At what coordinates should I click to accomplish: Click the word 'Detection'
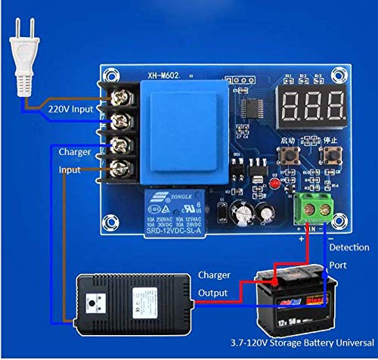(350, 247)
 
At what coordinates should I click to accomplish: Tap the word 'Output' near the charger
(213, 293)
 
